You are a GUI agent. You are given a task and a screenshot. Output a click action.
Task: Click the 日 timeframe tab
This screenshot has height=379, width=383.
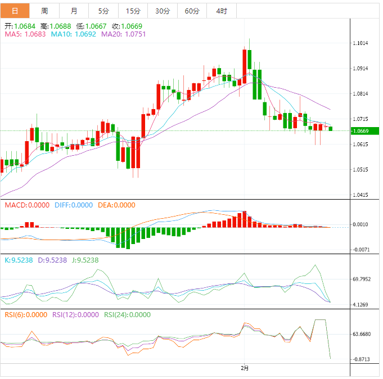coord(15,11)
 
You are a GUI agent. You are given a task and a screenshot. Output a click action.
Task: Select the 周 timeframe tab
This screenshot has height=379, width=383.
coord(45,11)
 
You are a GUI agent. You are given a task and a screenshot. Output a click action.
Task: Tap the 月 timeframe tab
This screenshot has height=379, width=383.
coord(74,11)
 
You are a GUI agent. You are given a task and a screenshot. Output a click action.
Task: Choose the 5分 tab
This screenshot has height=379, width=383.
coord(103,11)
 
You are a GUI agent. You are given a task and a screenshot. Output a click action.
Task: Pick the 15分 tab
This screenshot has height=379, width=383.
coord(133,11)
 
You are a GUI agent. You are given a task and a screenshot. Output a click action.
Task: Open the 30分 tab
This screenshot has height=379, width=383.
coord(162,11)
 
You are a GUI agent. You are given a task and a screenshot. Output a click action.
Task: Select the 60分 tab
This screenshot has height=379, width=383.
coord(192,11)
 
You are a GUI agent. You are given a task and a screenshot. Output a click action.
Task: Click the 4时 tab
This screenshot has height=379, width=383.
coord(221,11)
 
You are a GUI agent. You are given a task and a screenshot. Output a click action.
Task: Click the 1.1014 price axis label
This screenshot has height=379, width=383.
coord(361,43)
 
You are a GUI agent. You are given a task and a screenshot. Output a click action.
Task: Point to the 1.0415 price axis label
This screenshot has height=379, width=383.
coord(361,195)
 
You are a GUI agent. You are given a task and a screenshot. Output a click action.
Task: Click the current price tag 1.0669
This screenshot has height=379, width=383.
coord(361,131)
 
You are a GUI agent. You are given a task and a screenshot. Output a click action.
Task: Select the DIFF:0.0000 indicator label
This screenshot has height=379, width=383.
coord(74,205)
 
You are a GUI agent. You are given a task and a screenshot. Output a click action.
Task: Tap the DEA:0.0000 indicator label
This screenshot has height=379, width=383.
coord(116,205)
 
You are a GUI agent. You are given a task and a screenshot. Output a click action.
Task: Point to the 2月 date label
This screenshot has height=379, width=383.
coord(244,368)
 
